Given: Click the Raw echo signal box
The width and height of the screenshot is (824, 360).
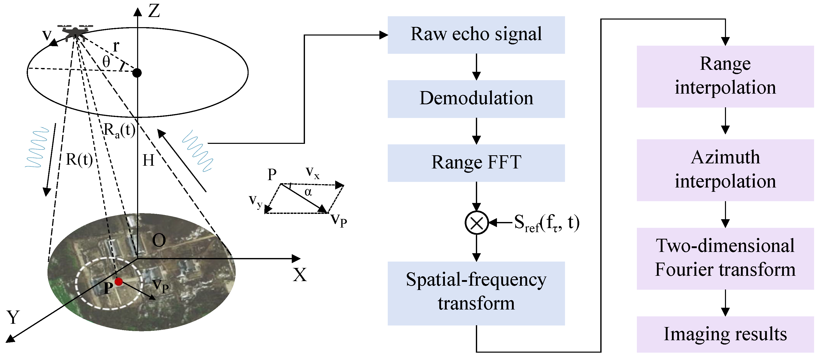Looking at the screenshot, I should tap(476, 35).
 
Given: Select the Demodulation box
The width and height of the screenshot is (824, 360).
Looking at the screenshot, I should tap(476, 99).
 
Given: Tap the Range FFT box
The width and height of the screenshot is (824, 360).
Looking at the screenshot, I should tap(476, 163).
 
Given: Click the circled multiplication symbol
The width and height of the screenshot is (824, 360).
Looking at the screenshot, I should tap(476, 222).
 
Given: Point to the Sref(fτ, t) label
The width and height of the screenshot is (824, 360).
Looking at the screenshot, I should tap(546, 223).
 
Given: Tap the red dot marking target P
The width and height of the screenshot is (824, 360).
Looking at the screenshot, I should tap(119, 281).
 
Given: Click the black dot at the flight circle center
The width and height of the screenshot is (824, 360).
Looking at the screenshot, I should tap(137, 73).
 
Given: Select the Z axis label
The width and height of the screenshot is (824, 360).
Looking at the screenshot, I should tap(154, 11).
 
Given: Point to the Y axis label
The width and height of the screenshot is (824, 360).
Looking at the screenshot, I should tap(13, 317).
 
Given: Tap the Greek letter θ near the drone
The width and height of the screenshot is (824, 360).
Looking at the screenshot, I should tap(106, 61).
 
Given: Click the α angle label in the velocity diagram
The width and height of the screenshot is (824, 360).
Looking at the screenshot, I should tap(308, 192).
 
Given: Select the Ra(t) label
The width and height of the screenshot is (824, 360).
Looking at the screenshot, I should tap(119, 130).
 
